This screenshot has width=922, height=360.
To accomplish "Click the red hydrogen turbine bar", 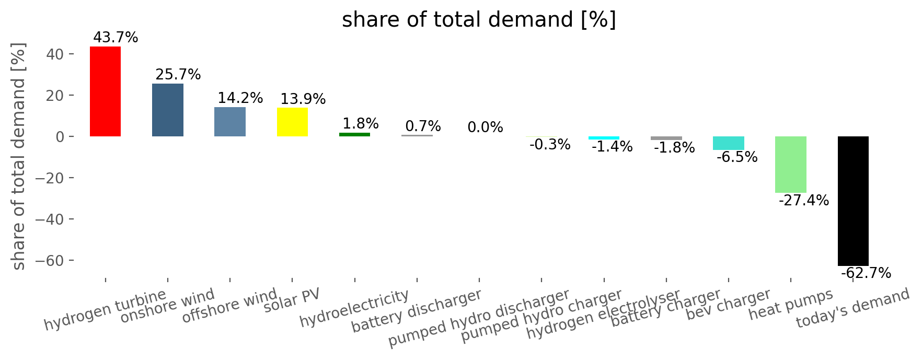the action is pos(105,91).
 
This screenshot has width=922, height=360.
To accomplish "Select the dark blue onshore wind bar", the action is pos(168,110).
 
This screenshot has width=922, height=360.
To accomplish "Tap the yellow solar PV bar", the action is pos(292,122).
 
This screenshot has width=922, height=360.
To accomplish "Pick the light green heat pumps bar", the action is pos(790,165).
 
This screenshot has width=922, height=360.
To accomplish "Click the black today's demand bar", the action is pos(853,201).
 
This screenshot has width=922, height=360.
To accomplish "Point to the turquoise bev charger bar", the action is pos(728,143).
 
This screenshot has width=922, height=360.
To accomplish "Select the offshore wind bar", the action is pos(230,122).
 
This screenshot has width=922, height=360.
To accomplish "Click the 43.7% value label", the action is pos(116,38).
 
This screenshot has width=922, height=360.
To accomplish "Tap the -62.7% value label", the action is pos(866,273).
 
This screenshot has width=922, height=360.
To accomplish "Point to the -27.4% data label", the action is pos(804,201).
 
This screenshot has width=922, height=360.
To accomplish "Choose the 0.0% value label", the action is pos(486,127).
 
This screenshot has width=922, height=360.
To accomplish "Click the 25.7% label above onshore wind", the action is pos(178,75).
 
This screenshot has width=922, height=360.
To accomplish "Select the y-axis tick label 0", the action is pos(59,137).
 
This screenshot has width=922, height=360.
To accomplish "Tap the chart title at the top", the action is pos(479,20).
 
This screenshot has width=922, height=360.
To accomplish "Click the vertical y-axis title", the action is pos(18,157).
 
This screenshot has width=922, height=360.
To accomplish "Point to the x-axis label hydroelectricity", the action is pos(354,308).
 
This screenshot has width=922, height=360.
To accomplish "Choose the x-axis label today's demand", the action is pos(853,308).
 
